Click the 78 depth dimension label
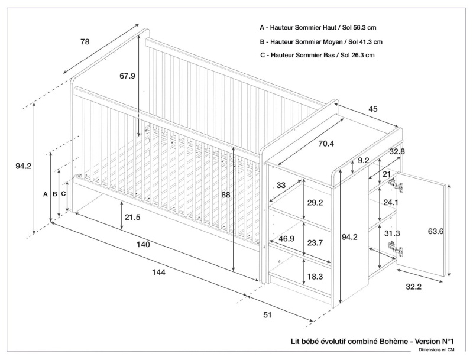click(x=85, y=42)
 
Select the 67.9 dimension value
click(x=127, y=76)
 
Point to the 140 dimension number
click(x=143, y=245)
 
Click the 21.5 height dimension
click(x=132, y=218)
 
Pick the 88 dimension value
click(x=226, y=196)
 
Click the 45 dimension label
click(x=373, y=109)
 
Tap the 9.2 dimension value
click(x=364, y=160)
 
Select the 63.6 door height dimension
click(x=436, y=231)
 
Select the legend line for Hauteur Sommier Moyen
click(x=321, y=42)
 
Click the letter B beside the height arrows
click(x=54, y=194)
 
